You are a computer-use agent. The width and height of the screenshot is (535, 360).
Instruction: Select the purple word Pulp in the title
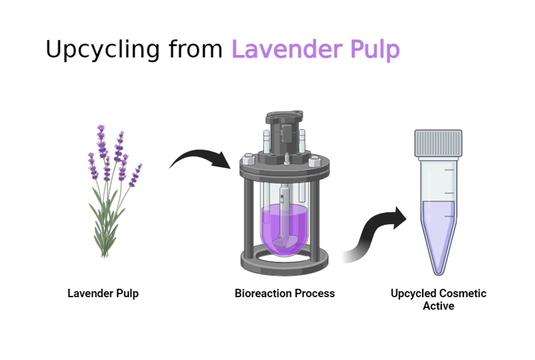[375, 49]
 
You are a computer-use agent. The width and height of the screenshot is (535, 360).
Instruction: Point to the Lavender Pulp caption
[103, 293]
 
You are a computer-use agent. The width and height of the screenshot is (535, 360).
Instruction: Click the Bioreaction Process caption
[285, 293]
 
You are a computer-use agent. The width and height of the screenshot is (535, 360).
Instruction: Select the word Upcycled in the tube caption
[413, 293]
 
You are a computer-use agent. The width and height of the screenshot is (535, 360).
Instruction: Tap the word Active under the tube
[439, 306]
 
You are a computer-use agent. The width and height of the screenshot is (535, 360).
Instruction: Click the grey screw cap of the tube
[438, 143]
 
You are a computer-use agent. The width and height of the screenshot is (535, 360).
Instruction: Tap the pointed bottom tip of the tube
[438, 271]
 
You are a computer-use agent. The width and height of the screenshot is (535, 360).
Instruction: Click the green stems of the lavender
[106, 222]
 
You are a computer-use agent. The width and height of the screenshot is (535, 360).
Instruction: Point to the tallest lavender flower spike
[101, 143]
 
